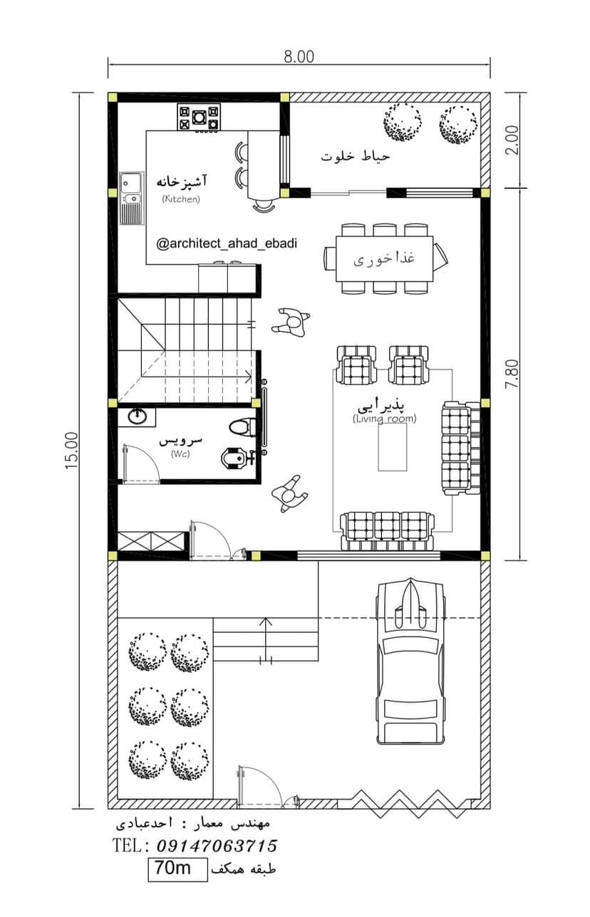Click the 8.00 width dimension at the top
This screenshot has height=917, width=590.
299,56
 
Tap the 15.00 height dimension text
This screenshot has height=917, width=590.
72,450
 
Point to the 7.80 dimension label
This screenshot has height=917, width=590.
512,374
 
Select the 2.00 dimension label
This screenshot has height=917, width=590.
512,140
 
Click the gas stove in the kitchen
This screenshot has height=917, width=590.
199,117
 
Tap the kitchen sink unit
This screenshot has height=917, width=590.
132,198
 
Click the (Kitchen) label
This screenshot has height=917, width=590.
181,199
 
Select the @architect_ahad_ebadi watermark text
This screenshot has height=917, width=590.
227,243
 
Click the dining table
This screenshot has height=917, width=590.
384,258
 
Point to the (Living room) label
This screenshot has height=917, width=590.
384,419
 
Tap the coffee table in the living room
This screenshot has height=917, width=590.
393,447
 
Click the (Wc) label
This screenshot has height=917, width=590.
180,454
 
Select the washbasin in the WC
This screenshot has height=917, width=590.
138,416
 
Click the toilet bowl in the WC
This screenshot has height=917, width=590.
239,427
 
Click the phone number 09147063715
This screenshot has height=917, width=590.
217,846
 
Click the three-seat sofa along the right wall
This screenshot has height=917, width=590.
461,449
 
